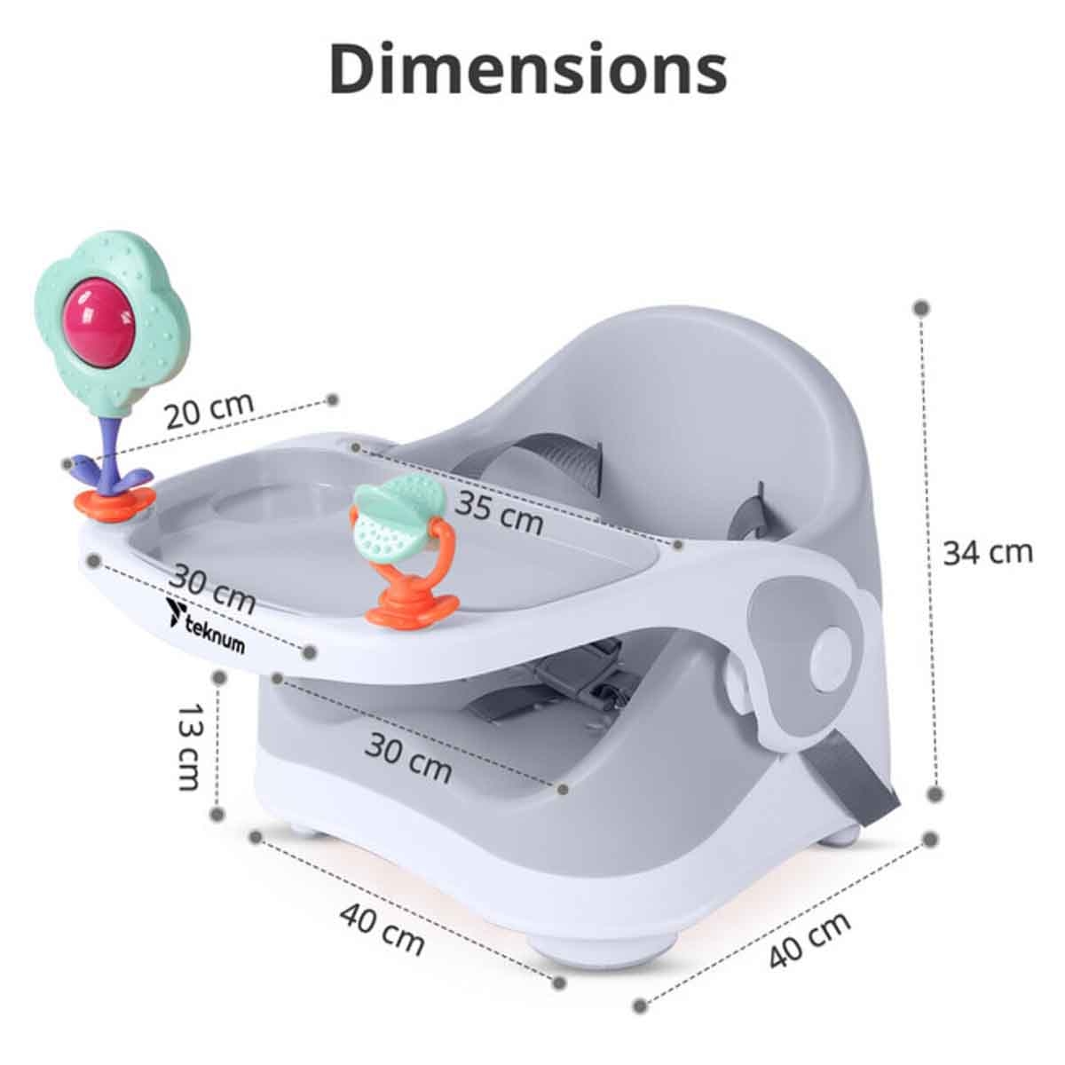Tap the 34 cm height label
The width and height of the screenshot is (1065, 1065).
pos(987,552)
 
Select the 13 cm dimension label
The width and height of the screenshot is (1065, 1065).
pos(189,746)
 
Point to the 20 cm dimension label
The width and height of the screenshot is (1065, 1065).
pos(209,409)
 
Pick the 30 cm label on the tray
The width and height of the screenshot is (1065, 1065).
pos(212,588)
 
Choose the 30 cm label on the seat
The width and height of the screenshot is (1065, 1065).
pos(408,757)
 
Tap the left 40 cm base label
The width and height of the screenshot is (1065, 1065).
pos(382,929)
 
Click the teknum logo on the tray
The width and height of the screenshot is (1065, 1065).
pos(204,625)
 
